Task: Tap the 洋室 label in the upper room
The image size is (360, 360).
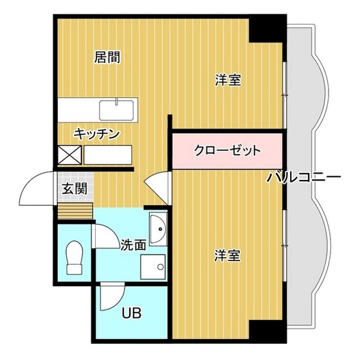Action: point(228,80)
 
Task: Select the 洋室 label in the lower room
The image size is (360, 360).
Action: point(228,256)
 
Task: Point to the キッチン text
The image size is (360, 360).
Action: point(97,134)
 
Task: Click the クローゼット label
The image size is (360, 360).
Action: point(228,151)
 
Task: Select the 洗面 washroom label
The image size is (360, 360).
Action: point(133,244)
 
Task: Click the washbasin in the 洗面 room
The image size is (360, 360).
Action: point(157,227)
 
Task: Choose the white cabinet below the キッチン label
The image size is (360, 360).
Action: point(108,154)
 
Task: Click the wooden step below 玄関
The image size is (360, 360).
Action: point(75,210)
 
